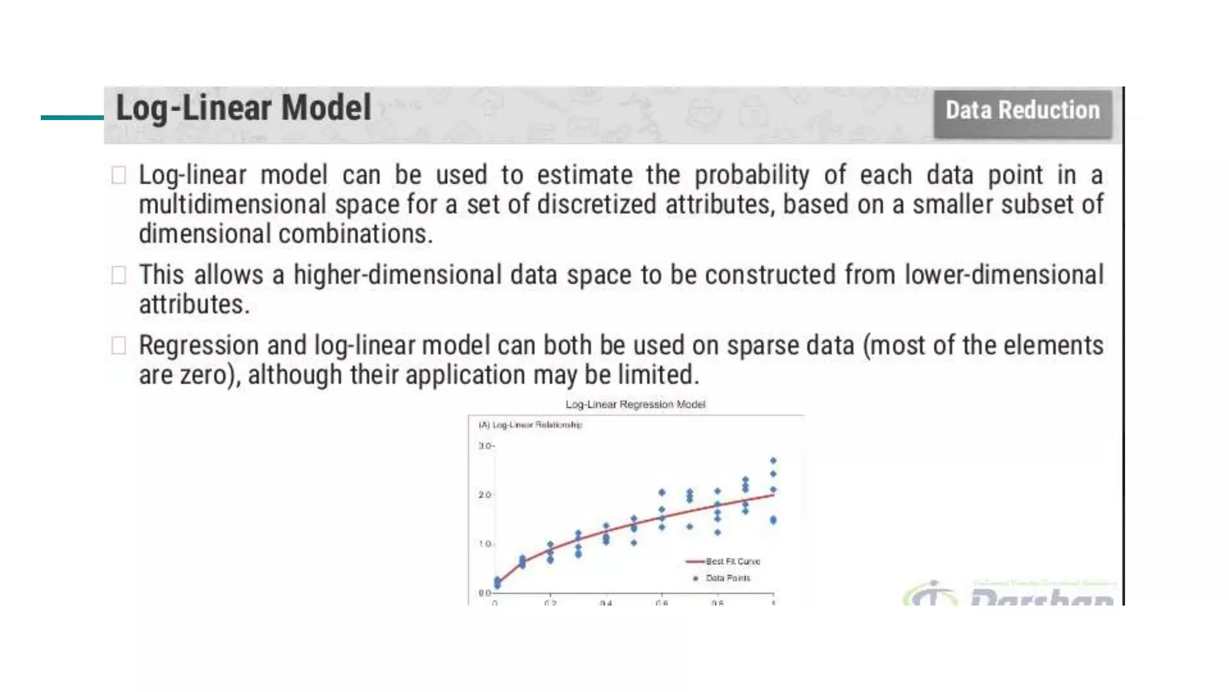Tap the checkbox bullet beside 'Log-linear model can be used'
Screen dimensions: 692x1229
click(119, 175)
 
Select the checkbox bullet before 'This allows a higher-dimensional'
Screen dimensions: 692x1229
click(119, 275)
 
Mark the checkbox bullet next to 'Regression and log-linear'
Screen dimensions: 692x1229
click(119, 345)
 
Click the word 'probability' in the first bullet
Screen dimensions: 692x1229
click(751, 175)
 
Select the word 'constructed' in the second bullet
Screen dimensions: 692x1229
click(770, 275)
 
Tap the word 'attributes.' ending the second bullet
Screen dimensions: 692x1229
click(194, 305)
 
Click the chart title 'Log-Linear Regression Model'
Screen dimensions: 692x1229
click(635, 404)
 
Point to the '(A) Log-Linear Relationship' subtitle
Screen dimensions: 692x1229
click(530, 425)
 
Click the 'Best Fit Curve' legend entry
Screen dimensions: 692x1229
click(732, 561)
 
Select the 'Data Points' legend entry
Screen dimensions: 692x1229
click(727, 578)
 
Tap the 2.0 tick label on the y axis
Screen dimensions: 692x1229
click(485, 495)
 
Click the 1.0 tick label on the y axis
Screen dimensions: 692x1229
click(485, 544)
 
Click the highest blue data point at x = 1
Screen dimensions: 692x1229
click(773, 461)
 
